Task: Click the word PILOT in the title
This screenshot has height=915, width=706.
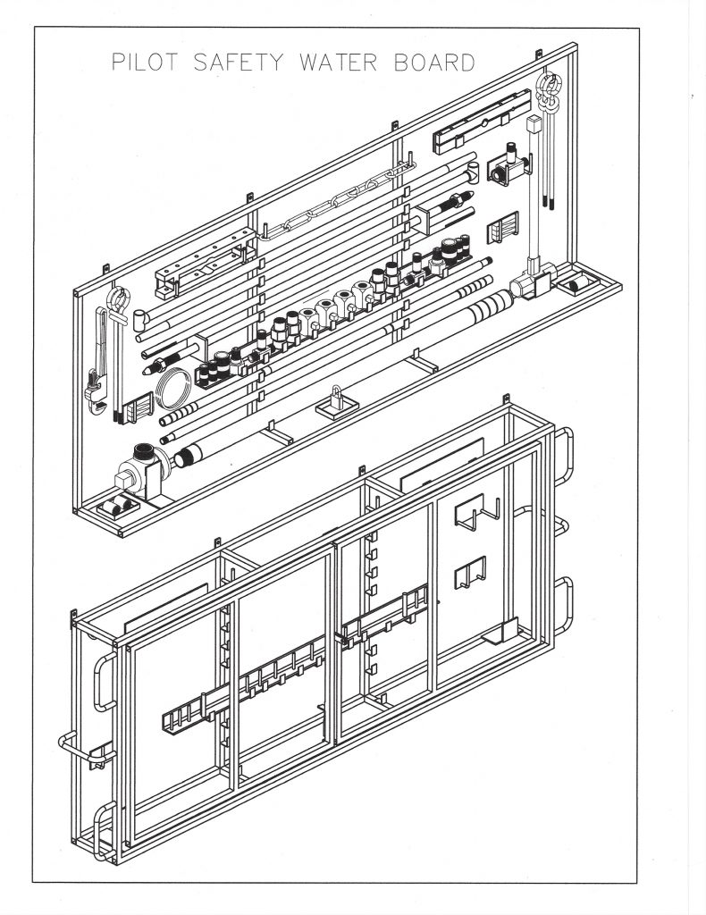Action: point(144,62)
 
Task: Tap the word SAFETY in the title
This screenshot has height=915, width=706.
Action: point(239,62)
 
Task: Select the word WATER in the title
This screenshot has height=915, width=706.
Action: point(339,62)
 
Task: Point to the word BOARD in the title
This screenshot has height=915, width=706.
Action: point(434,62)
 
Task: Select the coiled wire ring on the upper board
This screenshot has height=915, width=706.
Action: point(174,388)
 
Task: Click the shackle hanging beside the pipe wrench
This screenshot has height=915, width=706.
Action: point(119,304)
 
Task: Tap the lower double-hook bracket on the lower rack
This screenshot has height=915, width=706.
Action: point(470,572)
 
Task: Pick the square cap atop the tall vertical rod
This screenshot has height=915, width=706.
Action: point(534,124)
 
